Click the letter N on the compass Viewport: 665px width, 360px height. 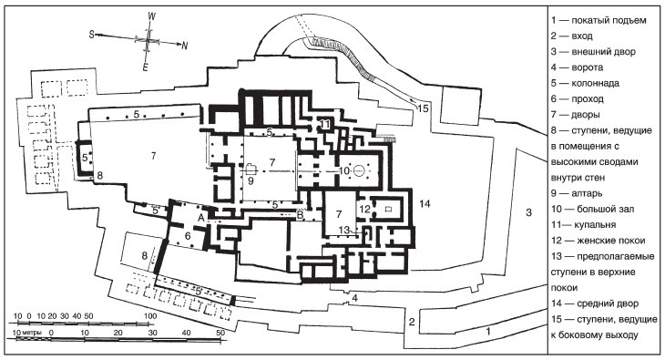tap(185, 46)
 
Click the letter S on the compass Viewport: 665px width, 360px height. tap(91, 35)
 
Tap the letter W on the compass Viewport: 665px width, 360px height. tap(152, 16)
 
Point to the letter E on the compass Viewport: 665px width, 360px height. tap(146, 67)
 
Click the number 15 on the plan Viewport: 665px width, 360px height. tap(423, 108)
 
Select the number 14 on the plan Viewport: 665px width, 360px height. tap(425, 204)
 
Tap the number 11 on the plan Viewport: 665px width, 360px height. tap(325, 124)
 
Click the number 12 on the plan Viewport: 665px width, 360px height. tap(364, 209)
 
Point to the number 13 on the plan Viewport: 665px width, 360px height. tap(344, 230)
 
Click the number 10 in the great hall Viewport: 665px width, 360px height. tap(344, 170)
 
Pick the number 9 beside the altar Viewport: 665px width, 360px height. tap(251, 180)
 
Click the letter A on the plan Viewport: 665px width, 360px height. tap(201, 217)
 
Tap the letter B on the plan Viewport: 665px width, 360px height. tap(301, 215)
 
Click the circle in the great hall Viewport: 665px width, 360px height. tap(359, 170)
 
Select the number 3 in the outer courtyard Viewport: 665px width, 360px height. tap(528, 212)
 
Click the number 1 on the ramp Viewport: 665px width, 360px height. tap(488, 331)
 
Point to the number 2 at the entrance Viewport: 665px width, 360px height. tap(412, 322)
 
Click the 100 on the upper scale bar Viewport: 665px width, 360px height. tap(150, 316)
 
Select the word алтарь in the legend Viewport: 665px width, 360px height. tap(587, 193)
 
